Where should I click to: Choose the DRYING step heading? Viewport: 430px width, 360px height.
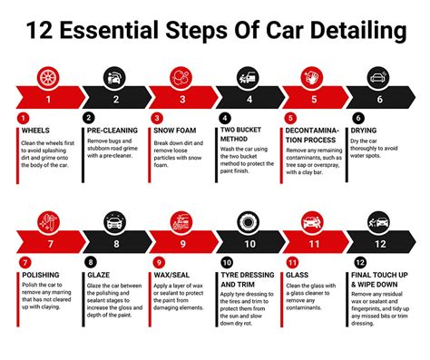point(375,130)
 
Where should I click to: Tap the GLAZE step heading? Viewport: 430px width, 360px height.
point(101,274)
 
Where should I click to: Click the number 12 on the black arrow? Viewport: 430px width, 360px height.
point(380,244)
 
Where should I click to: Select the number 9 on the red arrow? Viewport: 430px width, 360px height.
point(182,244)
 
